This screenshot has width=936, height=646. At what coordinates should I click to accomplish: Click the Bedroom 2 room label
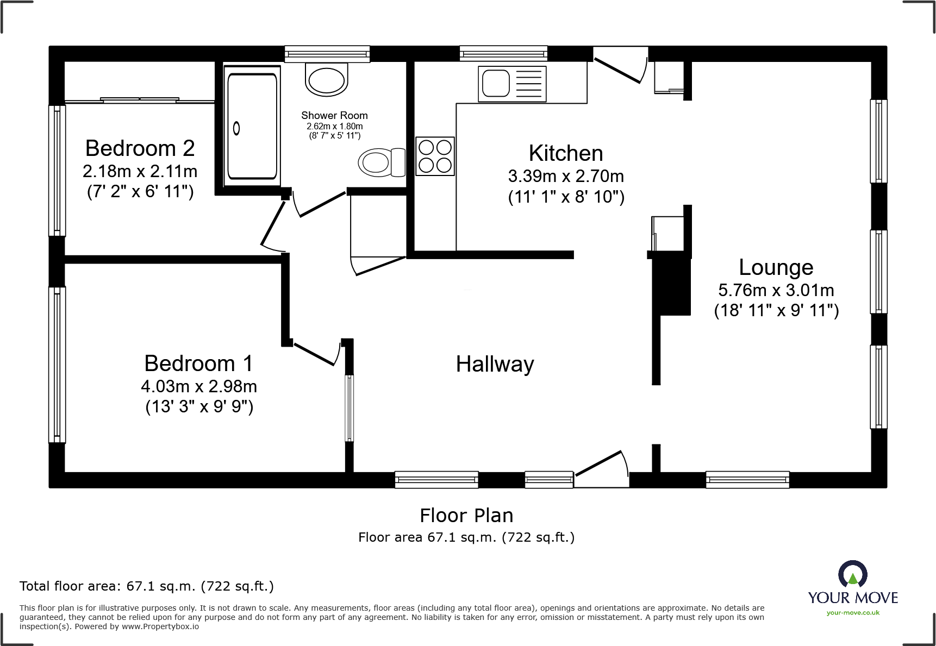140,148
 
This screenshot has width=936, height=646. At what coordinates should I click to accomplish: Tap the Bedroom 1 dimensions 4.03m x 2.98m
199,386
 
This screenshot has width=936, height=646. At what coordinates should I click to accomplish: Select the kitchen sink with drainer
512,84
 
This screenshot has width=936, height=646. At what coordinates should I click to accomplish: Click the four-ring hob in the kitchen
435,156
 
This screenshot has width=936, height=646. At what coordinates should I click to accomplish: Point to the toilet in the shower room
381,162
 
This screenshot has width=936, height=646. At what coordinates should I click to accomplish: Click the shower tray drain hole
236,129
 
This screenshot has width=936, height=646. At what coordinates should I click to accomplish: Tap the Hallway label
495,364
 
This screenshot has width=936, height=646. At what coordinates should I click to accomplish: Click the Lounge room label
776,267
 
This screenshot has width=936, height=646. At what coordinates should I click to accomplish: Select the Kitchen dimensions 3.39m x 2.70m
566,176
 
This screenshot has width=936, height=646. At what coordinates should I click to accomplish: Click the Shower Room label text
334,115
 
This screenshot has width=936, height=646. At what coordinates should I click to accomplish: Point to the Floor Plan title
466,515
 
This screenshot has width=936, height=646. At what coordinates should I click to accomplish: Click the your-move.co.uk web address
853,613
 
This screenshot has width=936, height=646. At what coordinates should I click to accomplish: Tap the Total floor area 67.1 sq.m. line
147,586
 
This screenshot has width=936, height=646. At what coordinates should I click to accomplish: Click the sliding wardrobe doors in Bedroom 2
140,100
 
